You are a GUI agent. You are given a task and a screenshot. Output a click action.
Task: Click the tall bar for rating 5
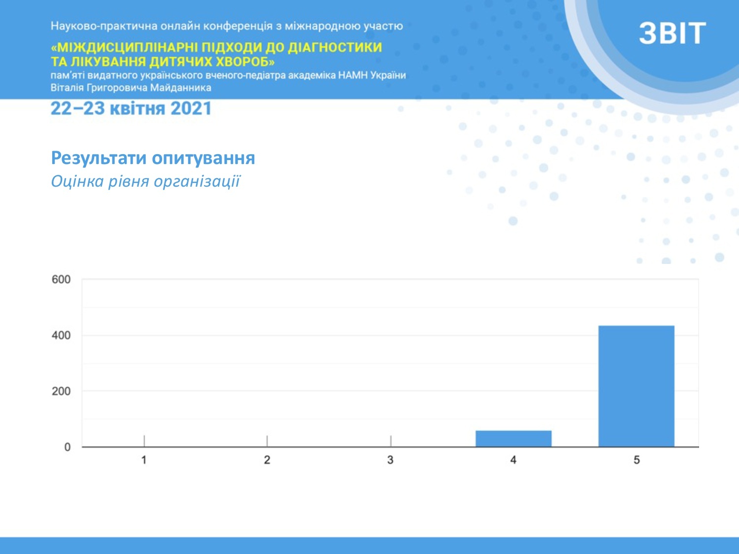[637, 386]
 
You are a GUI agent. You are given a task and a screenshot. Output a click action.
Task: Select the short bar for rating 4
[513, 439]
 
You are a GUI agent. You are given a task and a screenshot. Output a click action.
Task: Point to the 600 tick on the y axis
[61, 279]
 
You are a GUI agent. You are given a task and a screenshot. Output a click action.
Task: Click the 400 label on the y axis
[61, 335]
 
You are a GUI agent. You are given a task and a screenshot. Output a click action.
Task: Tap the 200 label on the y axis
[61, 391]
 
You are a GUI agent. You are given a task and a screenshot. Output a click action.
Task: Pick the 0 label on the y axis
[67, 447]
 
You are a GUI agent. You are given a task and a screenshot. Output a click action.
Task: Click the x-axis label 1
[144, 460]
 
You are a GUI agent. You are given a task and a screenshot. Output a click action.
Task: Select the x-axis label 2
[267, 460]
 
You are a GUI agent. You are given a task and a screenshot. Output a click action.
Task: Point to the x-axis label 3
[390, 460]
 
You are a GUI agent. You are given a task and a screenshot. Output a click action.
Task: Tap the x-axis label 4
[513, 460]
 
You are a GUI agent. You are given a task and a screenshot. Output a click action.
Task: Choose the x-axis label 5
[637, 460]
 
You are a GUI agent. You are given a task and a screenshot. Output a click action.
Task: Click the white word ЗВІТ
[672, 33]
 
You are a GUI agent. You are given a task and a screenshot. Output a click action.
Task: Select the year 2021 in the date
[191, 109]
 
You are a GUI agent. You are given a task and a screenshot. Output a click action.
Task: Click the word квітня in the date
[137, 109]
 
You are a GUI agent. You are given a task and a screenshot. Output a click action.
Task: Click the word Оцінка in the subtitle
[77, 181]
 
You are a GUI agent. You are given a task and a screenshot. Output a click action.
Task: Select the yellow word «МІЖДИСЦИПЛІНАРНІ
[124, 47]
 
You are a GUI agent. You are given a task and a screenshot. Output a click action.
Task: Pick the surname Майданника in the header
[180, 88]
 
